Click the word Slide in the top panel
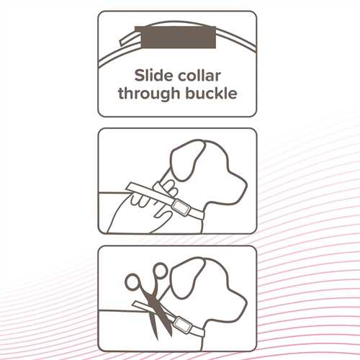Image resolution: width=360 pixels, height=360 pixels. pos(154,76)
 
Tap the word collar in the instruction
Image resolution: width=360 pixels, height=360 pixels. pos(199,76)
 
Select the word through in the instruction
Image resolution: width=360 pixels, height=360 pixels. pos(149,94)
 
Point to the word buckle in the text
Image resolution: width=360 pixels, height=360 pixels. pos(211,93)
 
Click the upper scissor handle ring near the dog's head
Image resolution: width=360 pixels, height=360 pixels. pos(159,271)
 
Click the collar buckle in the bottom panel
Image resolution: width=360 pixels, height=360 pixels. pos(181,324)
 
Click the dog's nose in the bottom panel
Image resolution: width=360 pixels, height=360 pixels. pos(244,302)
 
